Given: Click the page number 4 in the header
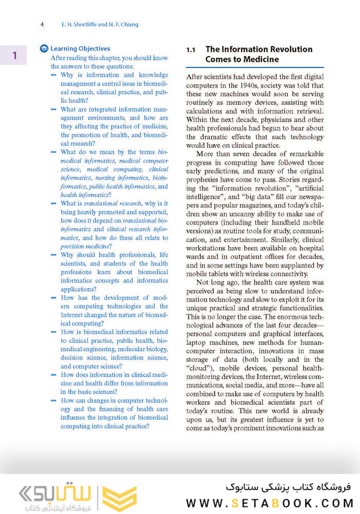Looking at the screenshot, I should tap(42, 24).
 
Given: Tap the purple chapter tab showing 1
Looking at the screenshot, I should tap(14, 55).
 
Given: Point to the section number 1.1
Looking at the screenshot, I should tap(191, 49).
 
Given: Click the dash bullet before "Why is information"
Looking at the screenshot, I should tap(54, 75).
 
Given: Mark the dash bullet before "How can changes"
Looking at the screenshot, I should tap(54, 401).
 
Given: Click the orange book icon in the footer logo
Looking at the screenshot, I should tap(119, 498).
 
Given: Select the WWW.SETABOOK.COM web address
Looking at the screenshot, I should tap(269, 503).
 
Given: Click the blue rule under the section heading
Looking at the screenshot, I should tap(255, 68).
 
